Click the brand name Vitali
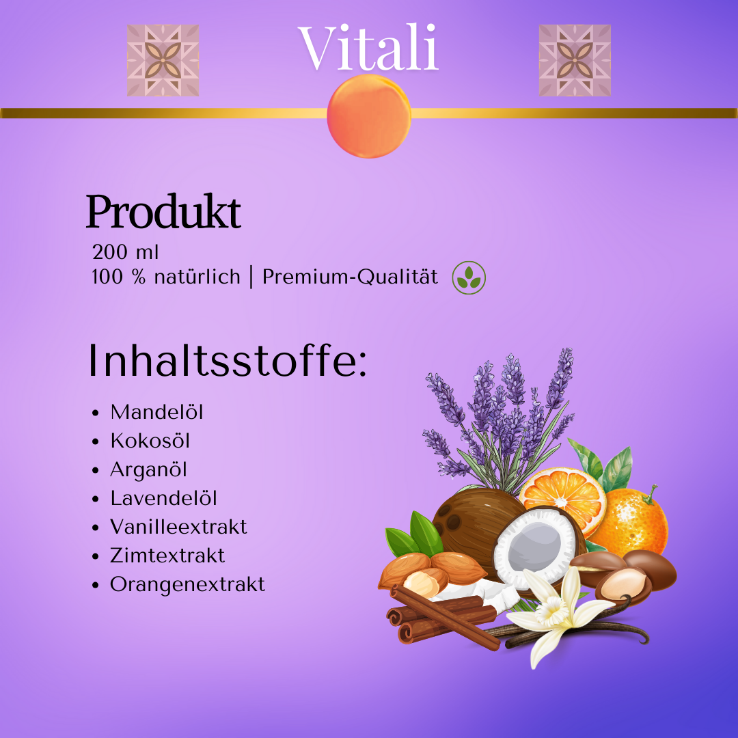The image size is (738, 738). (368, 48)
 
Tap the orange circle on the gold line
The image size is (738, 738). (369, 116)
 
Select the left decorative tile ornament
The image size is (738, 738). (163, 60)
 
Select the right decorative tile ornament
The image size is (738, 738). (575, 60)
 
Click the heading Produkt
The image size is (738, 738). (163, 212)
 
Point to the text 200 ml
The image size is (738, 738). (125, 252)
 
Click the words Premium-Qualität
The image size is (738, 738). (350, 277)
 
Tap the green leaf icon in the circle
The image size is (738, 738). (469, 277)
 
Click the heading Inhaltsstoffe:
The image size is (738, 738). (227, 361)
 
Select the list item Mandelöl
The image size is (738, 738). (156, 412)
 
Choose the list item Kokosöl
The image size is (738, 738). (150, 441)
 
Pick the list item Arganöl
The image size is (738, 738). (148, 470)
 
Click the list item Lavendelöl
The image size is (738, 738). (163, 498)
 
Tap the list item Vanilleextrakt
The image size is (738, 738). (178, 527)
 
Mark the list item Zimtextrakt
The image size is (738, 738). (167, 556)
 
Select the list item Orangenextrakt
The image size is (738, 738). (187, 585)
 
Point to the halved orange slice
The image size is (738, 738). (563, 497)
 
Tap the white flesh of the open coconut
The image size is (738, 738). (535, 547)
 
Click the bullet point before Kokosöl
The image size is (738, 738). (96, 441)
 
